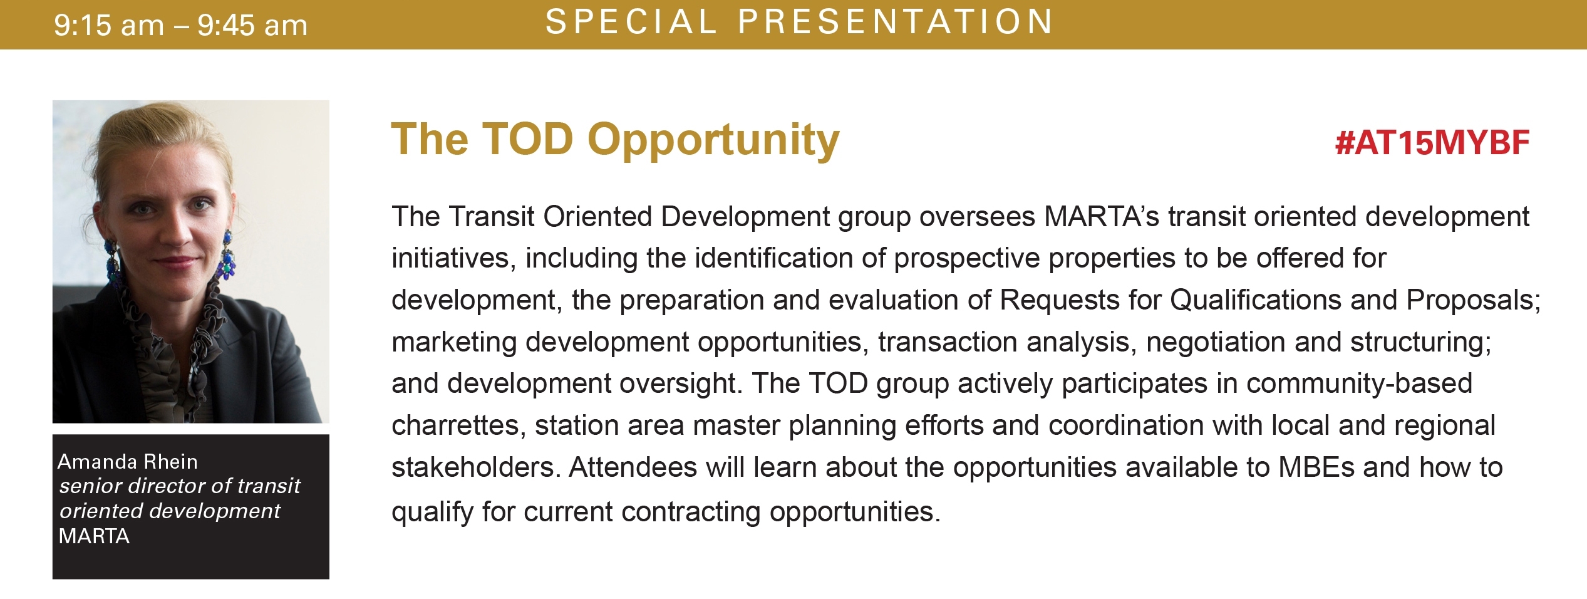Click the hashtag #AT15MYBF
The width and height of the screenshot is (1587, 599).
pyautogui.click(x=1432, y=143)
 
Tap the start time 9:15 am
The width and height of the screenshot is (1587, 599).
pyautogui.click(x=109, y=26)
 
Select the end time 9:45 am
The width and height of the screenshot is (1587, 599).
pyautogui.click(x=252, y=26)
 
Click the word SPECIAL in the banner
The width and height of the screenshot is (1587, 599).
pyautogui.click(x=631, y=21)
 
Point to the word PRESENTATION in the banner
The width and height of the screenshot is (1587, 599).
pyautogui.click(x=896, y=21)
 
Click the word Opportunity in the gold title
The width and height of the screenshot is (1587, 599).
pyautogui.click(x=713, y=141)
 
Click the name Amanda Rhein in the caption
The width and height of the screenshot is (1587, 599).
pyautogui.click(x=128, y=462)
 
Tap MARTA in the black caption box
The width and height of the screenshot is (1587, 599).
pyautogui.click(x=94, y=536)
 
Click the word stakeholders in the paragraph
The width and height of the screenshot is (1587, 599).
pyautogui.click(x=476, y=467)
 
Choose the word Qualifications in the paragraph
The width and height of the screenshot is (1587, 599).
pyautogui.click(x=1256, y=300)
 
